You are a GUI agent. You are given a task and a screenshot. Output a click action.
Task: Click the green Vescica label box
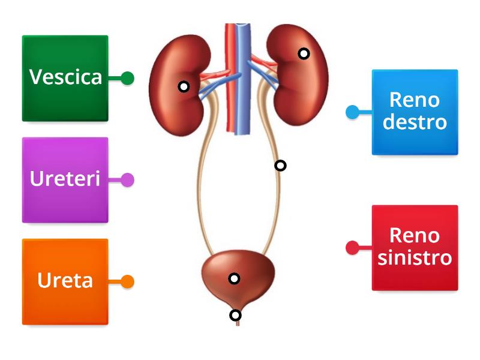click(65, 78)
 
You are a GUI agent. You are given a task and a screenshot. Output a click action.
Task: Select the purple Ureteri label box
click(65, 179)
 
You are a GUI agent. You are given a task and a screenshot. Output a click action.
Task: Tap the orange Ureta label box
click(65, 281)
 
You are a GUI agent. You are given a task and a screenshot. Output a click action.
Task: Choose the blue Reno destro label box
click(415, 112)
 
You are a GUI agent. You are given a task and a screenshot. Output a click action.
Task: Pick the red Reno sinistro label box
click(415, 247)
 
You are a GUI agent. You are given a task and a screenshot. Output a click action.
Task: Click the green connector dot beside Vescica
click(127, 78)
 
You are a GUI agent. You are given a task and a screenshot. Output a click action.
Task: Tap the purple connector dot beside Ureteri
click(127, 179)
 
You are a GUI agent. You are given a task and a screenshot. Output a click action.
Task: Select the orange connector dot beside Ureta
click(127, 281)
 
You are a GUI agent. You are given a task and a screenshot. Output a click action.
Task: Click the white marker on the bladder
click(235, 278)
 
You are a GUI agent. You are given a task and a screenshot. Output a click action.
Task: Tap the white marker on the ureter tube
click(280, 166)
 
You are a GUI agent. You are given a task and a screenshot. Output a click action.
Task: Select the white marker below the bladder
click(236, 315)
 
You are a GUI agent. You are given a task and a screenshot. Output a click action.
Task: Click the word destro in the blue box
click(415, 122)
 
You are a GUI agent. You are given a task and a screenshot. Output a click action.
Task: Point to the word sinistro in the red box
click(415, 258)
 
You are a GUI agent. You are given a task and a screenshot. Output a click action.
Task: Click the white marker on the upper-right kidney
click(304, 53)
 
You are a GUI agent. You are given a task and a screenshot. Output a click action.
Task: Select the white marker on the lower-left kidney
click(184, 87)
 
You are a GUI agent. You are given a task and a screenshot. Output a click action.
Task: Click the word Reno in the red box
click(415, 236)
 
